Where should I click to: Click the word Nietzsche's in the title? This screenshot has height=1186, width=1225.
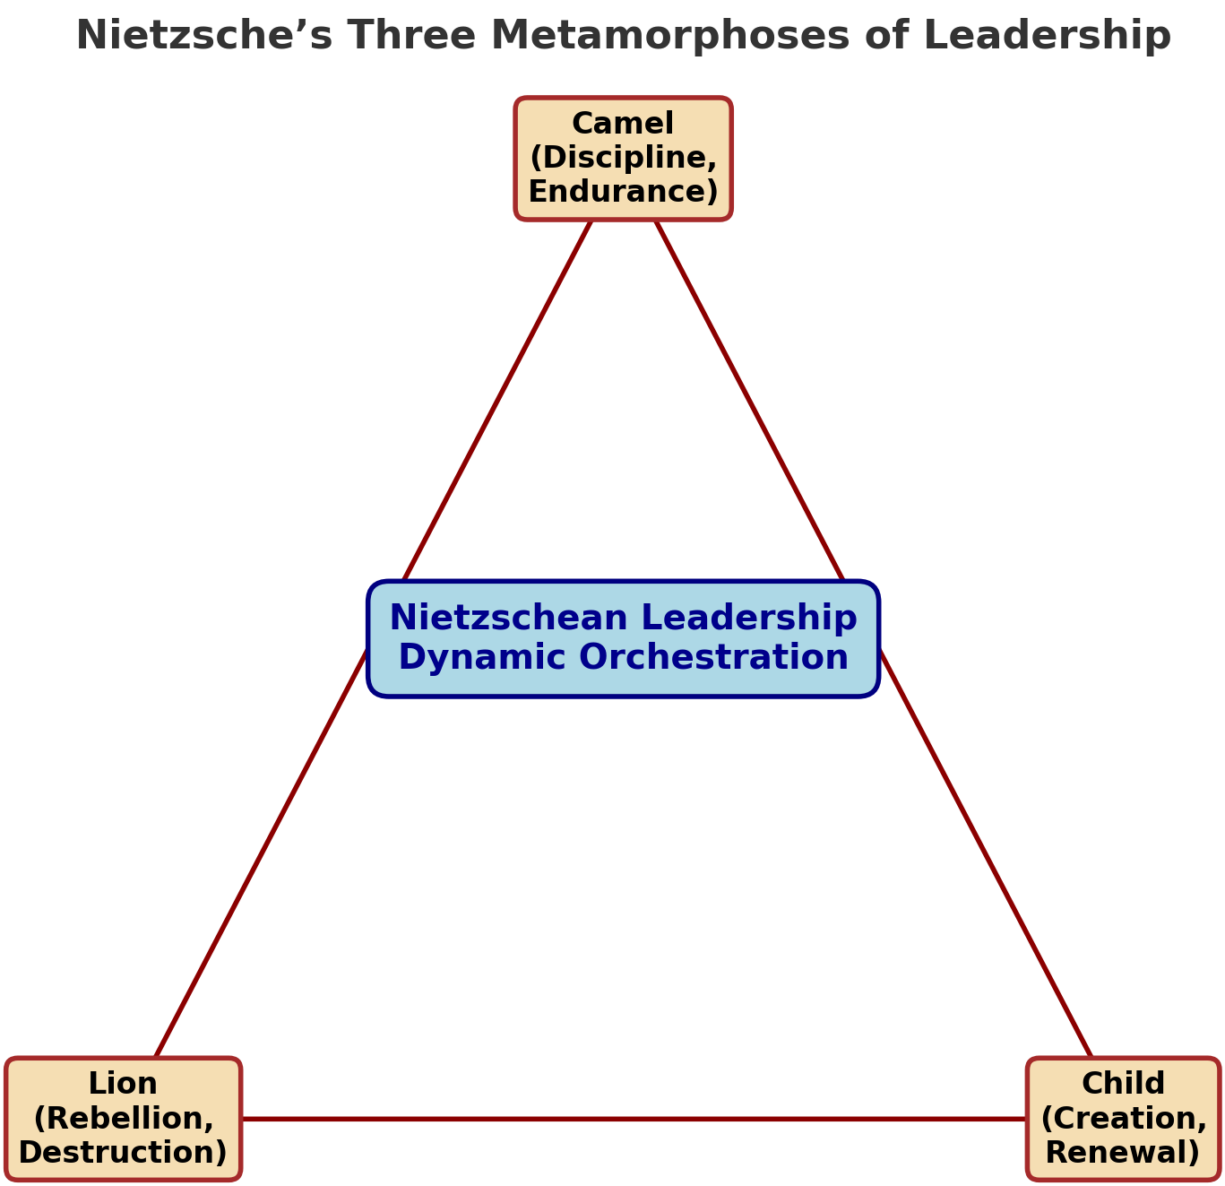click(x=204, y=35)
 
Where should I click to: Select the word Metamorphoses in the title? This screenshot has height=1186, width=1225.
click(x=670, y=35)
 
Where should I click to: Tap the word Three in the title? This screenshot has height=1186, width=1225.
click(x=411, y=35)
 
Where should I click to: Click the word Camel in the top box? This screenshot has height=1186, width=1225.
click(x=623, y=124)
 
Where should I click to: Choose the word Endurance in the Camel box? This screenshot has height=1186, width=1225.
click(x=619, y=192)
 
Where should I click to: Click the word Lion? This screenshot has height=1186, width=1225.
click(x=123, y=1083)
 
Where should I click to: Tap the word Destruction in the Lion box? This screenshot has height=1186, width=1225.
click(x=117, y=1152)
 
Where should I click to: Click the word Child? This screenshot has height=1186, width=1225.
click(x=1123, y=1083)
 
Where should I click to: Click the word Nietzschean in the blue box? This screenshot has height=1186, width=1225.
click(x=509, y=618)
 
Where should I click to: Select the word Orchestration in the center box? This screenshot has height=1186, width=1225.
click(x=714, y=658)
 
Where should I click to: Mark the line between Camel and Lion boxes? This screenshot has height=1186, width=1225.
click(x=374, y=638)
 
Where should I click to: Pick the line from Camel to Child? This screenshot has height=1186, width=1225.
click(x=874, y=638)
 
